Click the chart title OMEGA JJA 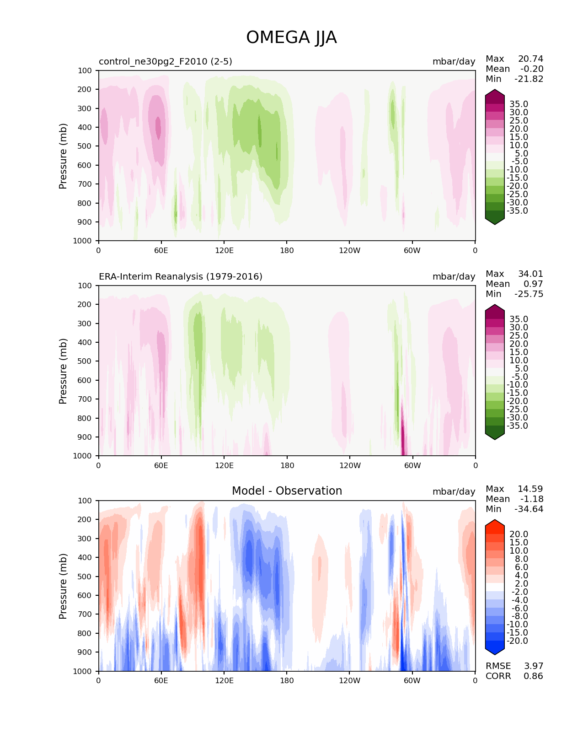tap(291, 38)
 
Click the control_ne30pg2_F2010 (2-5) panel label tap(165, 61)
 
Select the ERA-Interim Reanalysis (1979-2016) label tap(181, 276)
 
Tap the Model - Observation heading tap(287, 491)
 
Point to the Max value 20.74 tap(530, 59)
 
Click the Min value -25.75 tap(529, 294)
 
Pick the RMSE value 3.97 tap(533, 666)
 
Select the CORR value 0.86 tap(533, 676)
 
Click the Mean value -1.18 tap(531, 499)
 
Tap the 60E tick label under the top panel tap(161, 250)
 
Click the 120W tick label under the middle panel tap(349, 465)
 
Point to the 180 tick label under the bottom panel tap(287, 680)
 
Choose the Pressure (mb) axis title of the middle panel tap(63, 371)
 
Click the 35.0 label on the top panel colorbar tap(519, 104)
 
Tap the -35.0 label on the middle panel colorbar tap(517, 426)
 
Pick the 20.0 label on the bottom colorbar tap(519, 534)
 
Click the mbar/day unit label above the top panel tap(454, 61)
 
